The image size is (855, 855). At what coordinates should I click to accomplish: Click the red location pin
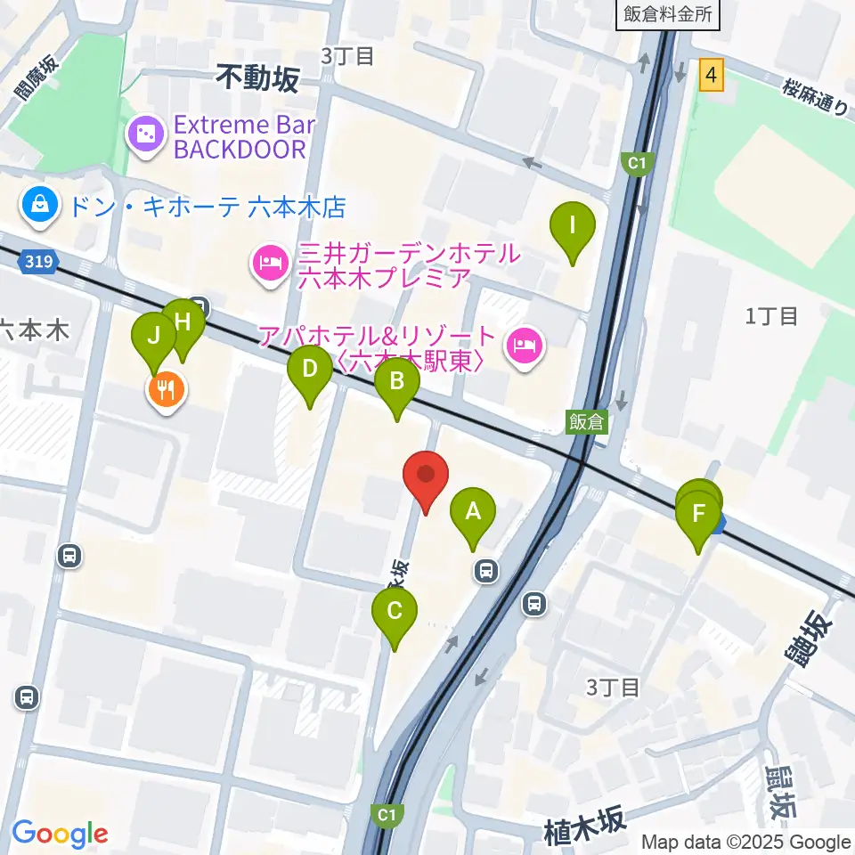tap(426, 476)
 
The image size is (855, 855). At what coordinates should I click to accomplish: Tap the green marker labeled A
tap(473, 513)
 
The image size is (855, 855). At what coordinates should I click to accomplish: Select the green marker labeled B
tap(397, 384)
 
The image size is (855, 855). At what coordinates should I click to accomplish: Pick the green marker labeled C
tap(395, 613)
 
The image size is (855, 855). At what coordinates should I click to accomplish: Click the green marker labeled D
tap(309, 370)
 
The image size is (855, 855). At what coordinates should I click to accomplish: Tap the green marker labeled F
tap(698, 515)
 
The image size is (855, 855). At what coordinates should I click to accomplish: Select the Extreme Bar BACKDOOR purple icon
tap(145, 135)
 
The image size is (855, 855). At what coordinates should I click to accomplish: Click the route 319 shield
tap(38, 262)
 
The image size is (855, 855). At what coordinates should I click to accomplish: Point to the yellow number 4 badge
tap(711, 76)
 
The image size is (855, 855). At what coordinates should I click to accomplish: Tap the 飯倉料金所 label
tap(667, 14)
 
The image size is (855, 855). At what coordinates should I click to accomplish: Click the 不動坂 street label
tap(257, 81)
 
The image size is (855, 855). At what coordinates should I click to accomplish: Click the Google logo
tap(60, 834)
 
